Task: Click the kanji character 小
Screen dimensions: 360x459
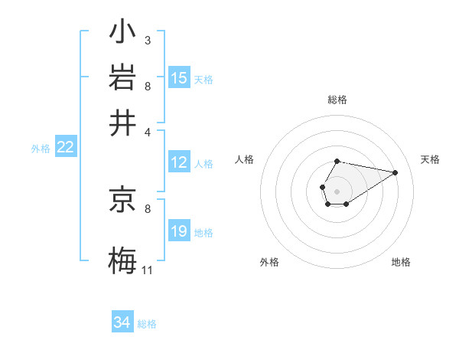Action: (x=122, y=33)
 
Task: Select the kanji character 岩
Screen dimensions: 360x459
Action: (x=122, y=78)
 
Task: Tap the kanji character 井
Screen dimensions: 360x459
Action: (x=122, y=123)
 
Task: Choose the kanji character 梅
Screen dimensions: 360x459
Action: (x=122, y=259)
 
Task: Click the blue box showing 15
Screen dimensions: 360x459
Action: (x=179, y=78)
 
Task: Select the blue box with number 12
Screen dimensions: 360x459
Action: (x=179, y=162)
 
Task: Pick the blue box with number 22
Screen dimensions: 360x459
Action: (x=65, y=148)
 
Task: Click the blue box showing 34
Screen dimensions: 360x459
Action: (x=122, y=323)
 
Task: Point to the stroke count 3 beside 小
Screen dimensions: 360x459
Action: (x=147, y=40)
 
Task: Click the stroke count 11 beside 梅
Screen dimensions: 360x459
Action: (x=147, y=270)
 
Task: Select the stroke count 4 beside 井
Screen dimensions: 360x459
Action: (x=147, y=131)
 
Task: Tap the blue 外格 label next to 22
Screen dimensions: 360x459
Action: (x=40, y=149)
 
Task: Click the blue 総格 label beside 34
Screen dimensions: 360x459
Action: (x=147, y=324)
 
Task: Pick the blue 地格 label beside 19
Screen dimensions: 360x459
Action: (x=203, y=233)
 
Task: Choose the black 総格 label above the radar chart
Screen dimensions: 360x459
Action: (x=337, y=100)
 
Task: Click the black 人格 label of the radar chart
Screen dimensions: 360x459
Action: (x=245, y=159)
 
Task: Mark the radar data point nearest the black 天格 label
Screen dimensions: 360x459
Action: (x=396, y=172)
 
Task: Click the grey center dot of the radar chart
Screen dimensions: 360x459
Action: (x=337, y=190)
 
